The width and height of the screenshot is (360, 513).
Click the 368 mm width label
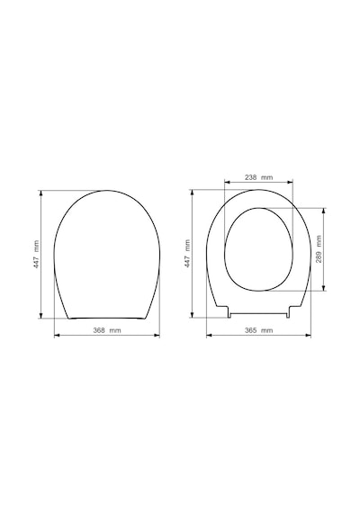[x=107, y=330]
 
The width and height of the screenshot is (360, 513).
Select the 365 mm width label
[x=258, y=330]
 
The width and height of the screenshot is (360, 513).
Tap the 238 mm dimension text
[x=258, y=177]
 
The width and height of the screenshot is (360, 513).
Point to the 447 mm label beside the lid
[x=36, y=255]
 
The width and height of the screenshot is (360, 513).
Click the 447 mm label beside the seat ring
[x=187, y=254]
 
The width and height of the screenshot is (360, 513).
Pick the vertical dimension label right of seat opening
[x=319, y=249]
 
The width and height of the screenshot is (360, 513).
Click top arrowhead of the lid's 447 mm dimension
[x=41, y=193]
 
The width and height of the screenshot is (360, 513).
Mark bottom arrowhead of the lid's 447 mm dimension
[x=41, y=315]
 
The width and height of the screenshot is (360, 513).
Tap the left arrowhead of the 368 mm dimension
[x=57, y=335]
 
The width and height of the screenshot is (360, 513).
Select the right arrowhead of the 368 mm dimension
[x=157, y=335]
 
